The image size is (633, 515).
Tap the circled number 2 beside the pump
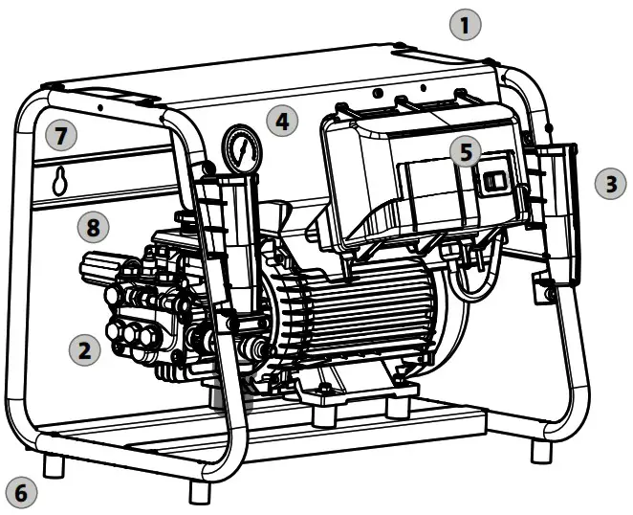click(85, 349)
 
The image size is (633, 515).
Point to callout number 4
click(281, 121)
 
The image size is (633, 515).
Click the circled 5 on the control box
click(465, 151)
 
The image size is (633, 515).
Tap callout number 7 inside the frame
click(60, 136)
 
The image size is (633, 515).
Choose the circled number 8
click(92, 227)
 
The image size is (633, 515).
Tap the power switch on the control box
click(494, 182)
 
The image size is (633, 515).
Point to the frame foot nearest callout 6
click(55, 466)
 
